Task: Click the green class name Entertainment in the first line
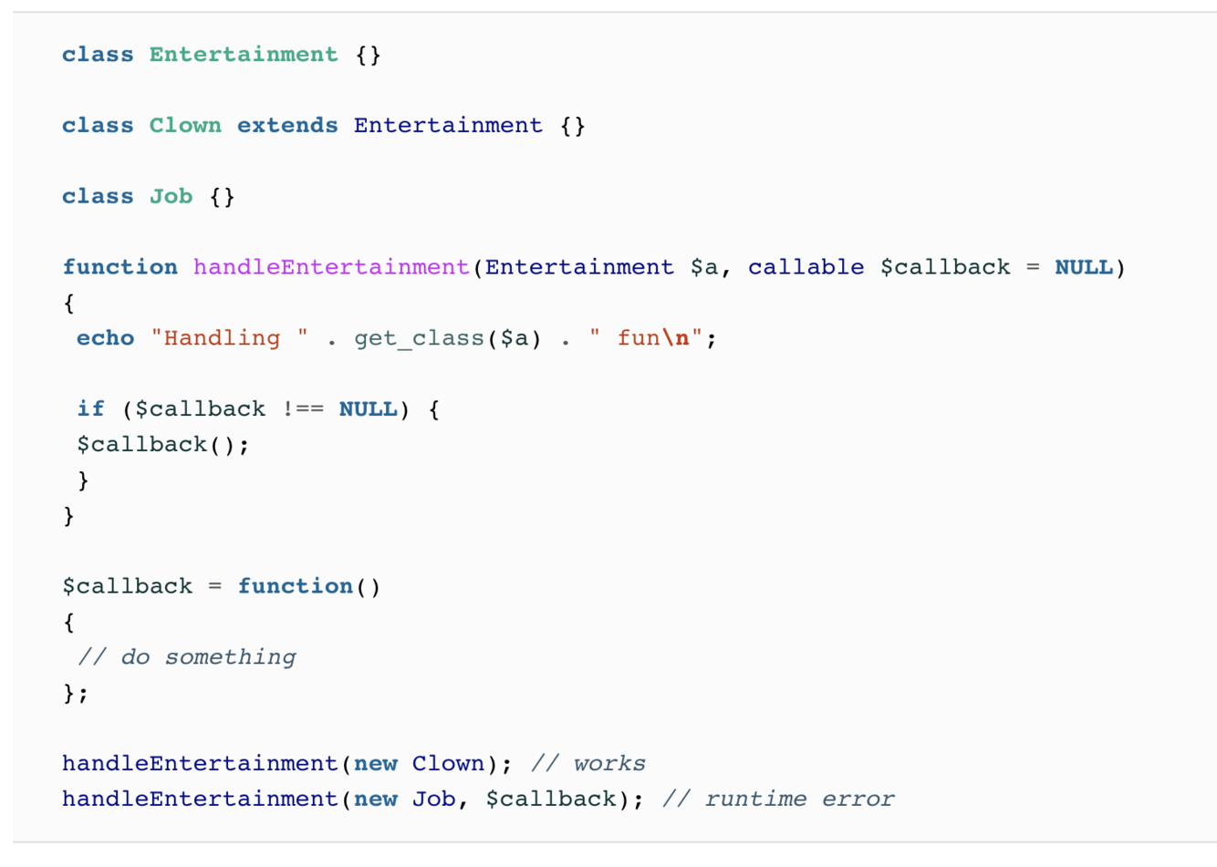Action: coord(244,55)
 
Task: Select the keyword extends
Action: coord(287,126)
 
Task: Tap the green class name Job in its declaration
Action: coord(171,197)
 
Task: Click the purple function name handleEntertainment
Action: coord(331,267)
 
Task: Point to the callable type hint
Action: coord(806,267)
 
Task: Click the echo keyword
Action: coord(105,338)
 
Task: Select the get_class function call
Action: coord(419,338)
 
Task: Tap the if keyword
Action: coord(90,409)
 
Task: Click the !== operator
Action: coord(302,409)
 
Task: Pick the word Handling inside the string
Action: coord(222,338)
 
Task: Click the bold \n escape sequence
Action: coord(675,338)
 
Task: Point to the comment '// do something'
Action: coord(187,657)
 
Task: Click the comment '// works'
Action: coord(588,764)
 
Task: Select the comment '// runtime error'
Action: coord(778,800)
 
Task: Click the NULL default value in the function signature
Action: coord(1083,267)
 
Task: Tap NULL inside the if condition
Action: coord(368,409)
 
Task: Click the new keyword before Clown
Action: coord(375,764)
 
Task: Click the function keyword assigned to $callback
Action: coord(295,586)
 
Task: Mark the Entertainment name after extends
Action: coord(448,126)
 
